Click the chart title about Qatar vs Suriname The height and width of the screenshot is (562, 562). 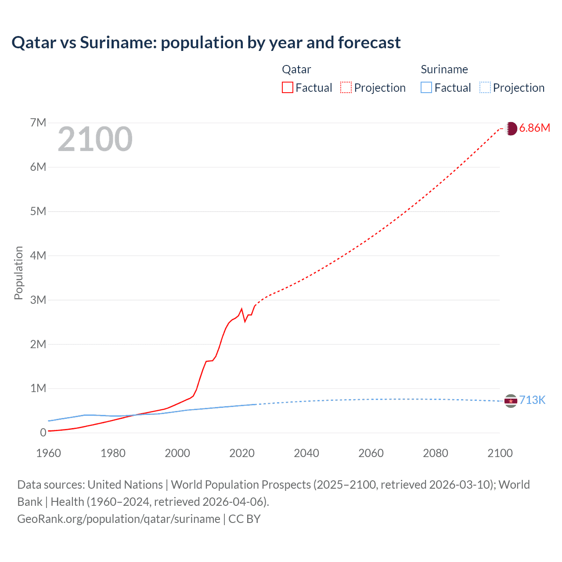tap(206, 43)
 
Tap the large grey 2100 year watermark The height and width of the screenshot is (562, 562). tap(95, 139)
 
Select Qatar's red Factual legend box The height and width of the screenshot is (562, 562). tap(287, 87)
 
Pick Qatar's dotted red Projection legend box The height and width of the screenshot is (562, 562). tap(346, 87)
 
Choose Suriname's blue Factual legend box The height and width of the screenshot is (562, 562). tap(426, 87)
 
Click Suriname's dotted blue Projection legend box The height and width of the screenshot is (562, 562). tap(485, 87)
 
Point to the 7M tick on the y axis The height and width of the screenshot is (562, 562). tap(38, 122)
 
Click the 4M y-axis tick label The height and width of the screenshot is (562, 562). tap(38, 256)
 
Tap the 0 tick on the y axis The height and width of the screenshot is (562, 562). tap(43, 432)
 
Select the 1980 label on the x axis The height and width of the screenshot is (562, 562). tap(113, 453)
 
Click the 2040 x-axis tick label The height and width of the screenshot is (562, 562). tap(306, 453)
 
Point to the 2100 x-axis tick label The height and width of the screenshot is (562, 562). tap(500, 453)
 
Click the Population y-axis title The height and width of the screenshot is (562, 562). tap(18, 273)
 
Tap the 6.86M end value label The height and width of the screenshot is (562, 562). tap(534, 128)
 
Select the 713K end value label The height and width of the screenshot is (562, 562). tap(532, 400)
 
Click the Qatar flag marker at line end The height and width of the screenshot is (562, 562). tap(511, 128)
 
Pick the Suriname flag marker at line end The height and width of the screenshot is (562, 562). tap(511, 401)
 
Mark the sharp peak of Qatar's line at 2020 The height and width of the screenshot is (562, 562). tap(241, 309)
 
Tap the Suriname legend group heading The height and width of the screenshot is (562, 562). tap(444, 69)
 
